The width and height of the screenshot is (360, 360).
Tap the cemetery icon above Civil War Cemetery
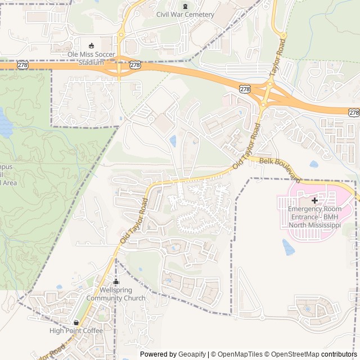click(185, 6)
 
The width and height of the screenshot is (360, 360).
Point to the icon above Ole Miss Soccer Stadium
click(91, 46)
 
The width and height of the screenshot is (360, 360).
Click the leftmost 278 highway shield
click(22, 65)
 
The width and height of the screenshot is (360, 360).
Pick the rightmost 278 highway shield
click(353, 112)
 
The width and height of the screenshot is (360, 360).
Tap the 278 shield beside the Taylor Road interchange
click(245, 89)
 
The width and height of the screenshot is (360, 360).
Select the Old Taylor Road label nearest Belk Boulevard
click(247, 148)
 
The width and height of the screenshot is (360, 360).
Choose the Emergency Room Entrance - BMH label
click(314, 217)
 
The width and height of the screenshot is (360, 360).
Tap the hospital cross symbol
click(314, 200)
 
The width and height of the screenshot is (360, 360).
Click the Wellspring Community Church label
click(122, 294)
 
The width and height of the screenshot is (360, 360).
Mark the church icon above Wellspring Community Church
click(116, 282)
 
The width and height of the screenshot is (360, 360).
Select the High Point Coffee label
click(76, 331)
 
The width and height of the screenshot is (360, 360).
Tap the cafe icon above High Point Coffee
click(76, 322)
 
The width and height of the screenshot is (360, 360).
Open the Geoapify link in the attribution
click(192, 354)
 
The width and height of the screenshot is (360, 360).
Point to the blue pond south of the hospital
click(289, 247)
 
